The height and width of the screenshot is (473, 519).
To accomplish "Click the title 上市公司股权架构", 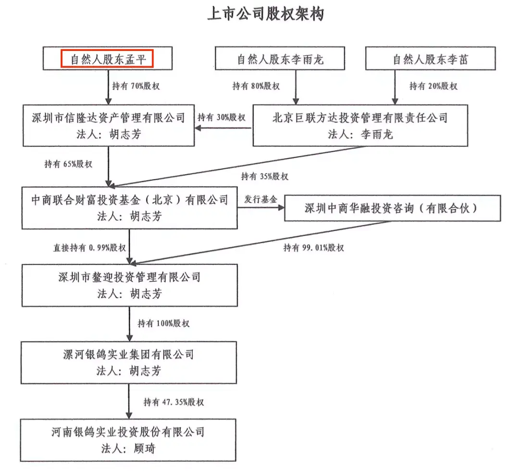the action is [x=265, y=14].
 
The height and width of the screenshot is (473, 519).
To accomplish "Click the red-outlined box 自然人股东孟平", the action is [x=107, y=59].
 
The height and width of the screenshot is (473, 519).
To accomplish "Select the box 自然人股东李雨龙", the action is [x=280, y=58].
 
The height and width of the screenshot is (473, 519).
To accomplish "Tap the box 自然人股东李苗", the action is [x=430, y=58].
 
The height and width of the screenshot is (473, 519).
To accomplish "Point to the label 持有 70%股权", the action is [x=136, y=86].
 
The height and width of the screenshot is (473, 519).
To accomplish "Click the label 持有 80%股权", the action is [x=256, y=86].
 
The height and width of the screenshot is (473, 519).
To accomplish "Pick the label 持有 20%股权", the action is [x=433, y=86].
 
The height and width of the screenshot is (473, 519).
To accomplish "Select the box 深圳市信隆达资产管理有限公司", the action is [x=109, y=125].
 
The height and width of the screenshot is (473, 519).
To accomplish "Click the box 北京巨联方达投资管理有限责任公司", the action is [x=360, y=125].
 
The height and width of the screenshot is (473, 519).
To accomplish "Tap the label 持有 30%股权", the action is [x=222, y=117].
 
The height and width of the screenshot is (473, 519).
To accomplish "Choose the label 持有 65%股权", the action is [x=68, y=164].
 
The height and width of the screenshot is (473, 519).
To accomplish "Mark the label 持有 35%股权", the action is [x=264, y=176].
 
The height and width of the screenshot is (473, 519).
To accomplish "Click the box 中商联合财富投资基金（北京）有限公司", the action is [x=129, y=208].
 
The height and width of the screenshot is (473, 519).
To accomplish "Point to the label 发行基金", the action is [x=261, y=199].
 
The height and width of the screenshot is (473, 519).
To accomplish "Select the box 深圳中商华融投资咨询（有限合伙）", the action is [x=393, y=208].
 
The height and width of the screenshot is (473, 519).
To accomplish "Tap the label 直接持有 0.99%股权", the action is [x=90, y=248].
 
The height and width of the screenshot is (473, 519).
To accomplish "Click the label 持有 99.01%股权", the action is [x=313, y=248].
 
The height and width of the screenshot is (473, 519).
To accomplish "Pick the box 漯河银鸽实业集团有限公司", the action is [x=129, y=362].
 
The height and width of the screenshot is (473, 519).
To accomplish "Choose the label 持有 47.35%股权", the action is [x=174, y=402].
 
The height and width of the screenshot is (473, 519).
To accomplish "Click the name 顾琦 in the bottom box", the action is [x=145, y=448].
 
